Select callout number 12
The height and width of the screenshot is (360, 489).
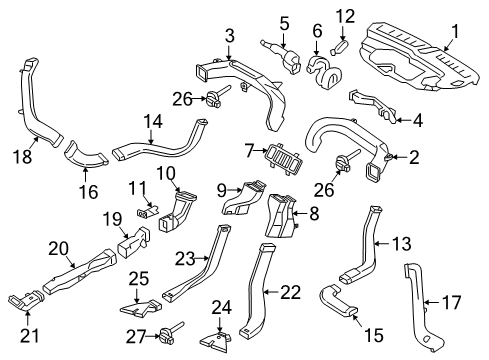click(344, 15)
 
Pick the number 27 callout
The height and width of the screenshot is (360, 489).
click(137, 337)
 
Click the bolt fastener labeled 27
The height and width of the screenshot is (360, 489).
click(166, 334)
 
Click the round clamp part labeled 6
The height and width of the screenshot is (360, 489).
click(321, 68)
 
